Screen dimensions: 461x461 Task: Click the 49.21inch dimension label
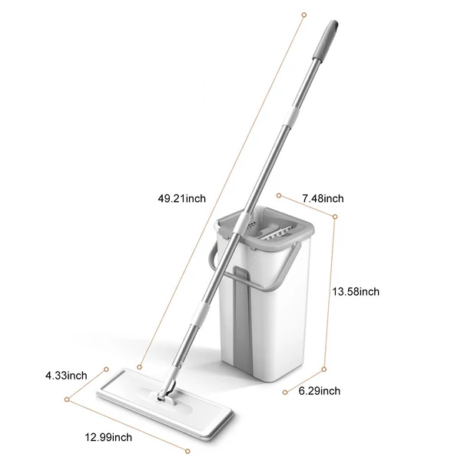point(181,199)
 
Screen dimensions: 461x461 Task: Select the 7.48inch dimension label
point(323,199)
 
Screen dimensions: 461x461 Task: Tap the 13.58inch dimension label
point(356,292)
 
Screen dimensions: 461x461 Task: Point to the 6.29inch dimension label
point(320,391)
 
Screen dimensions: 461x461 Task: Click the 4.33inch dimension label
point(66,376)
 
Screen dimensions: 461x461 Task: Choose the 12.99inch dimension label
point(108,437)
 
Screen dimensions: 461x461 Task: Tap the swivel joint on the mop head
point(167,392)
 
